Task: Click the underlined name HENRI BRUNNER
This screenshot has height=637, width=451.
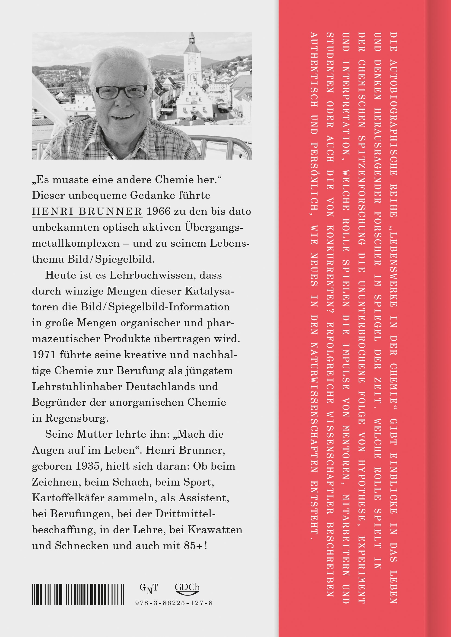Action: pos(87,211)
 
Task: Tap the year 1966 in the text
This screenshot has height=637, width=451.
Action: pos(158,211)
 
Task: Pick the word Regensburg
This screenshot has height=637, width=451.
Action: pos(77,418)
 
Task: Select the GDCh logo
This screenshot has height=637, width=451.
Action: pos(187,589)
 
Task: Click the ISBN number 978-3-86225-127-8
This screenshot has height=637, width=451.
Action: pos(174,603)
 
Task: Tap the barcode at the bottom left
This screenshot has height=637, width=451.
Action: pos(78,595)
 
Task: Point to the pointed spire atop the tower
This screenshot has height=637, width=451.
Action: pos(192,38)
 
